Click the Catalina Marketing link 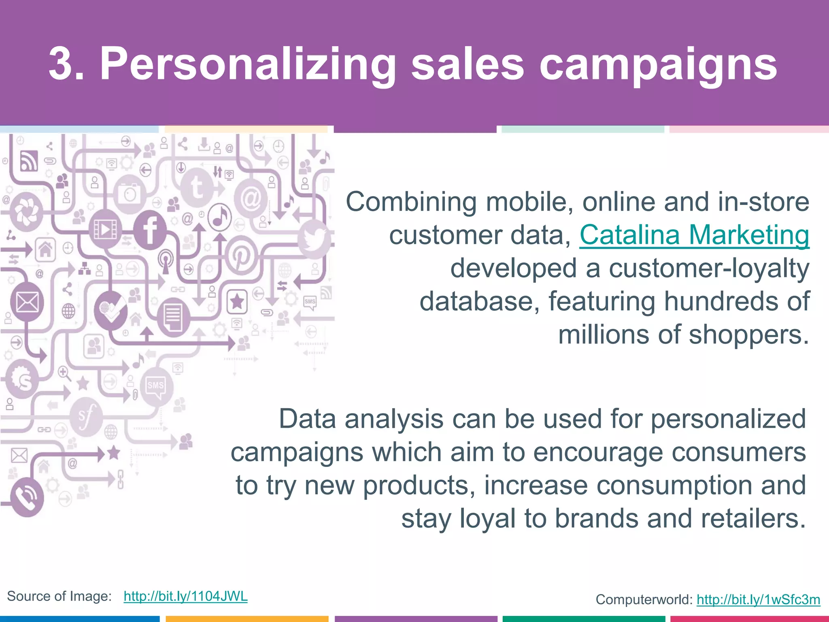694,235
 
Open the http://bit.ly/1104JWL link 185,596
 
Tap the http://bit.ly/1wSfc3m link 758,599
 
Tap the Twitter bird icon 314,239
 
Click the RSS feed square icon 29,161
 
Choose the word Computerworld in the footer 644,599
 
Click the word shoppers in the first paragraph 748,335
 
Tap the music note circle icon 219,217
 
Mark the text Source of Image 59,596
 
